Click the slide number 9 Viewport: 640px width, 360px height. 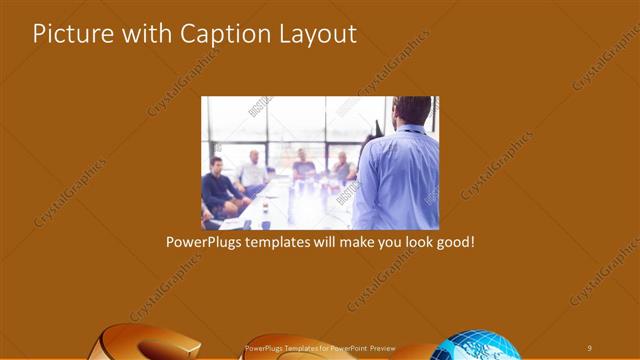click(590, 347)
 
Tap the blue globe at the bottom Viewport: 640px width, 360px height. click(480, 346)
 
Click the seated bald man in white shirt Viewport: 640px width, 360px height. click(253, 173)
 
